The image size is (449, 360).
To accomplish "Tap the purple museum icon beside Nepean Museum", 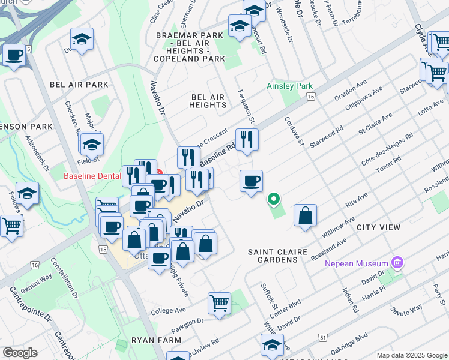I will coord(396,263).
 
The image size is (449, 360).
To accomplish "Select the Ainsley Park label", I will coord(290,86).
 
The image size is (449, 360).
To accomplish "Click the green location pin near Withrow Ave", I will coord(274,199).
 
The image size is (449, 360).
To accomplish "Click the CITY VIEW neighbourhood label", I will coord(378,227).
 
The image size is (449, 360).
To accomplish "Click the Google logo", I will coord(20,353).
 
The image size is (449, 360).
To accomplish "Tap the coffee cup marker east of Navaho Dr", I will coord(251,180).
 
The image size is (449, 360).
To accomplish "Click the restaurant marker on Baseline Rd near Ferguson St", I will coord(247,140).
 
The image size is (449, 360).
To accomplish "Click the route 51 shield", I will coord(323,339).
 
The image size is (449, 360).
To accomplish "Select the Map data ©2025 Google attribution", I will coord(411,354).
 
